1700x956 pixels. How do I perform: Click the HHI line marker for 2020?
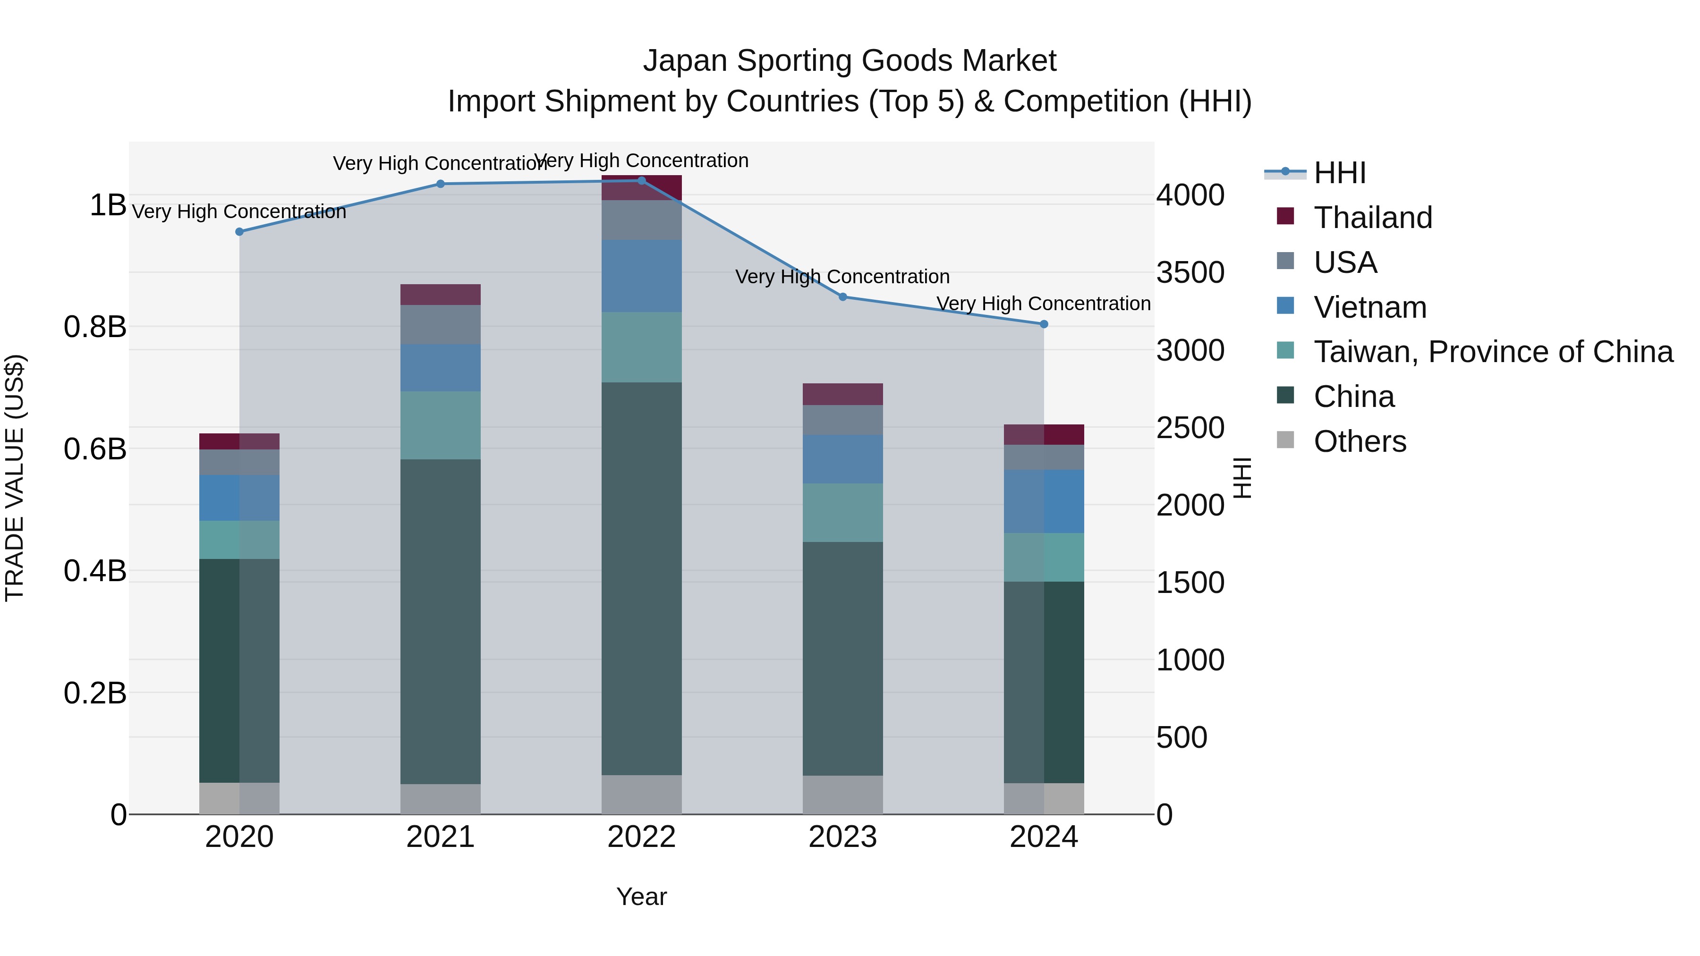pyautogui.click(x=239, y=232)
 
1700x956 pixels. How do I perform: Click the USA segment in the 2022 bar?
pyautogui.click(x=641, y=220)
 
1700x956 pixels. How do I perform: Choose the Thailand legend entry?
pyautogui.click(x=1373, y=218)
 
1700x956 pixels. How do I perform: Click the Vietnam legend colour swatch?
pyautogui.click(x=1285, y=306)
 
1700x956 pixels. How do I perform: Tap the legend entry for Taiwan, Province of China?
pyautogui.click(x=1493, y=352)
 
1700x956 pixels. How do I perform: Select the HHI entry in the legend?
pyautogui.click(x=1339, y=173)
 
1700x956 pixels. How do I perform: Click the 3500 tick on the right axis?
pyautogui.click(x=1190, y=272)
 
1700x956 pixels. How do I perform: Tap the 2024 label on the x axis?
pyautogui.click(x=1043, y=837)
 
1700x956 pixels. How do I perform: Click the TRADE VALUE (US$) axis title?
pyautogui.click(x=15, y=478)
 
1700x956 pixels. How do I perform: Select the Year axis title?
pyautogui.click(x=641, y=897)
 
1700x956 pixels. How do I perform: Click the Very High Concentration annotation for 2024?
pyautogui.click(x=1043, y=304)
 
